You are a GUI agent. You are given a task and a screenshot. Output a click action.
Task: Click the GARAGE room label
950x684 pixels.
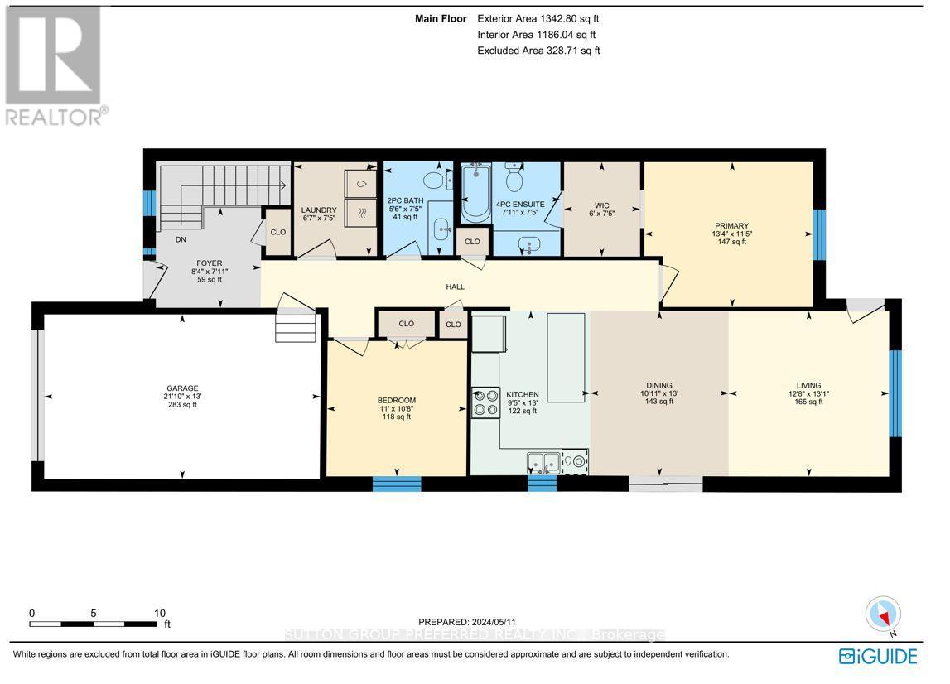pyautogui.click(x=182, y=388)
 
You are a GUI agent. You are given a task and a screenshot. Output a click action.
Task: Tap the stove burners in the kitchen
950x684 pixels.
pyautogui.click(x=486, y=402)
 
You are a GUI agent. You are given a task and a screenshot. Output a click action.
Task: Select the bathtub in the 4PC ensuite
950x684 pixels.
pyautogui.click(x=475, y=193)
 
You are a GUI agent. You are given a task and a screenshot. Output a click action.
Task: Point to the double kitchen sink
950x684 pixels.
pyautogui.click(x=543, y=462)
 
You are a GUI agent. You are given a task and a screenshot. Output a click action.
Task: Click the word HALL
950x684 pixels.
pyautogui.click(x=455, y=287)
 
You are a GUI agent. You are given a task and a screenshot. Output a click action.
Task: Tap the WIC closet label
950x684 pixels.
pyautogui.click(x=601, y=205)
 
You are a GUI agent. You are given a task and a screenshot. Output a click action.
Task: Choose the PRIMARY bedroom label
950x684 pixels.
pyautogui.click(x=731, y=226)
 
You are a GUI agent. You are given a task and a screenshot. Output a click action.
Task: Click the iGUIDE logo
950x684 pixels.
pyautogui.click(x=878, y=657)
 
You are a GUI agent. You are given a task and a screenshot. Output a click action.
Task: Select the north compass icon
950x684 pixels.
pyautogui.click(x=884, y=614)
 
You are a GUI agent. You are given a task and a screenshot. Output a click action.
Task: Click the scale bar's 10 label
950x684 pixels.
pyautogui.click(x=159, y=613)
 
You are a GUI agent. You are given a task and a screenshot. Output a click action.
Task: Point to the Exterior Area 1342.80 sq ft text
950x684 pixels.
pyautogui.click(x=538, y=19)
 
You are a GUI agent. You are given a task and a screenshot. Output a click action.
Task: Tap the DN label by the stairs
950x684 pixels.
pyautogui.click(x=181, y=239)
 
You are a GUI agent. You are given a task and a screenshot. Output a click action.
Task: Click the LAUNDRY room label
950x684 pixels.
pyautogui.click(x=319, y=210)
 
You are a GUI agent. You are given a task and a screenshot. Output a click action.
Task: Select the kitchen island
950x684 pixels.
pyautogui.click(x=566, y=358)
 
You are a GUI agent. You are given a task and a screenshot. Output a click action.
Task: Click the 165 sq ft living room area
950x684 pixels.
pyautogui.click(x=808, y=402)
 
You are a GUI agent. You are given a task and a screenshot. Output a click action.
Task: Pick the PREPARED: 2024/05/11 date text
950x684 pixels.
pyautogui.click(x=467, y=622)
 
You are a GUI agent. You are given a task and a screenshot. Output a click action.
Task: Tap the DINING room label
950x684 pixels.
pyautogui.click(x=658, y=385)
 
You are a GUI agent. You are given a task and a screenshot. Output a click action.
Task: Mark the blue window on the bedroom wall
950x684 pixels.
pyautogui.click(x=397, y=484)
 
